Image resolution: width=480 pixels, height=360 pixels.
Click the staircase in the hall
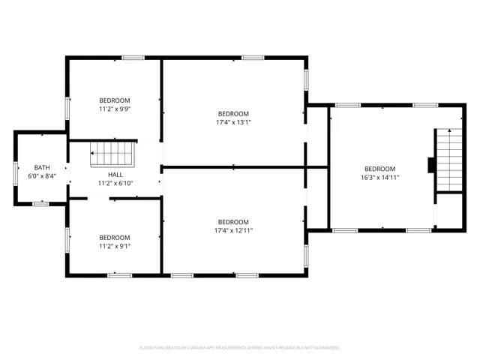coord(112,155)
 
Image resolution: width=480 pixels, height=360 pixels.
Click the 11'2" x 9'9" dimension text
coord(115,109)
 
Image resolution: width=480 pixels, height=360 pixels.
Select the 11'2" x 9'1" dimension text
coord(115,245)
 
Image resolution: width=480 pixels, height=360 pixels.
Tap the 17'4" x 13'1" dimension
coord(233,122)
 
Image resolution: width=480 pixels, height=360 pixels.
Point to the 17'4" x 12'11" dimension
coord(233,230)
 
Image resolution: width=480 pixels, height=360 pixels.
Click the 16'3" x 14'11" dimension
coord(379,178)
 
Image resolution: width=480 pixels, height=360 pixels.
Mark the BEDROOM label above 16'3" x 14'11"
coord(379,169)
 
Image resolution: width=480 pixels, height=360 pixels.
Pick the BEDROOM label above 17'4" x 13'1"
coord(233,113)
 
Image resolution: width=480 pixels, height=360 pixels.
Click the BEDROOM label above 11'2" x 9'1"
coord(115,237)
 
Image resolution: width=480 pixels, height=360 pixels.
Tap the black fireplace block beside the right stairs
coord(431,164)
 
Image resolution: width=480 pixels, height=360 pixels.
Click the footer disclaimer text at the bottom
coord(240,348)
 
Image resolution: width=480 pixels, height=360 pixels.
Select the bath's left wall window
coord(16,172)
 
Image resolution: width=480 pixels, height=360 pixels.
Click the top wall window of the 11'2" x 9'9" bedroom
coord(133,58)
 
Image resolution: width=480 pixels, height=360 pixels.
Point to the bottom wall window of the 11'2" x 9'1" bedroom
coord(119,276)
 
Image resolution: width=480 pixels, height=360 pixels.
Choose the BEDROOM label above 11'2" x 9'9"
coord(115,100)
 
